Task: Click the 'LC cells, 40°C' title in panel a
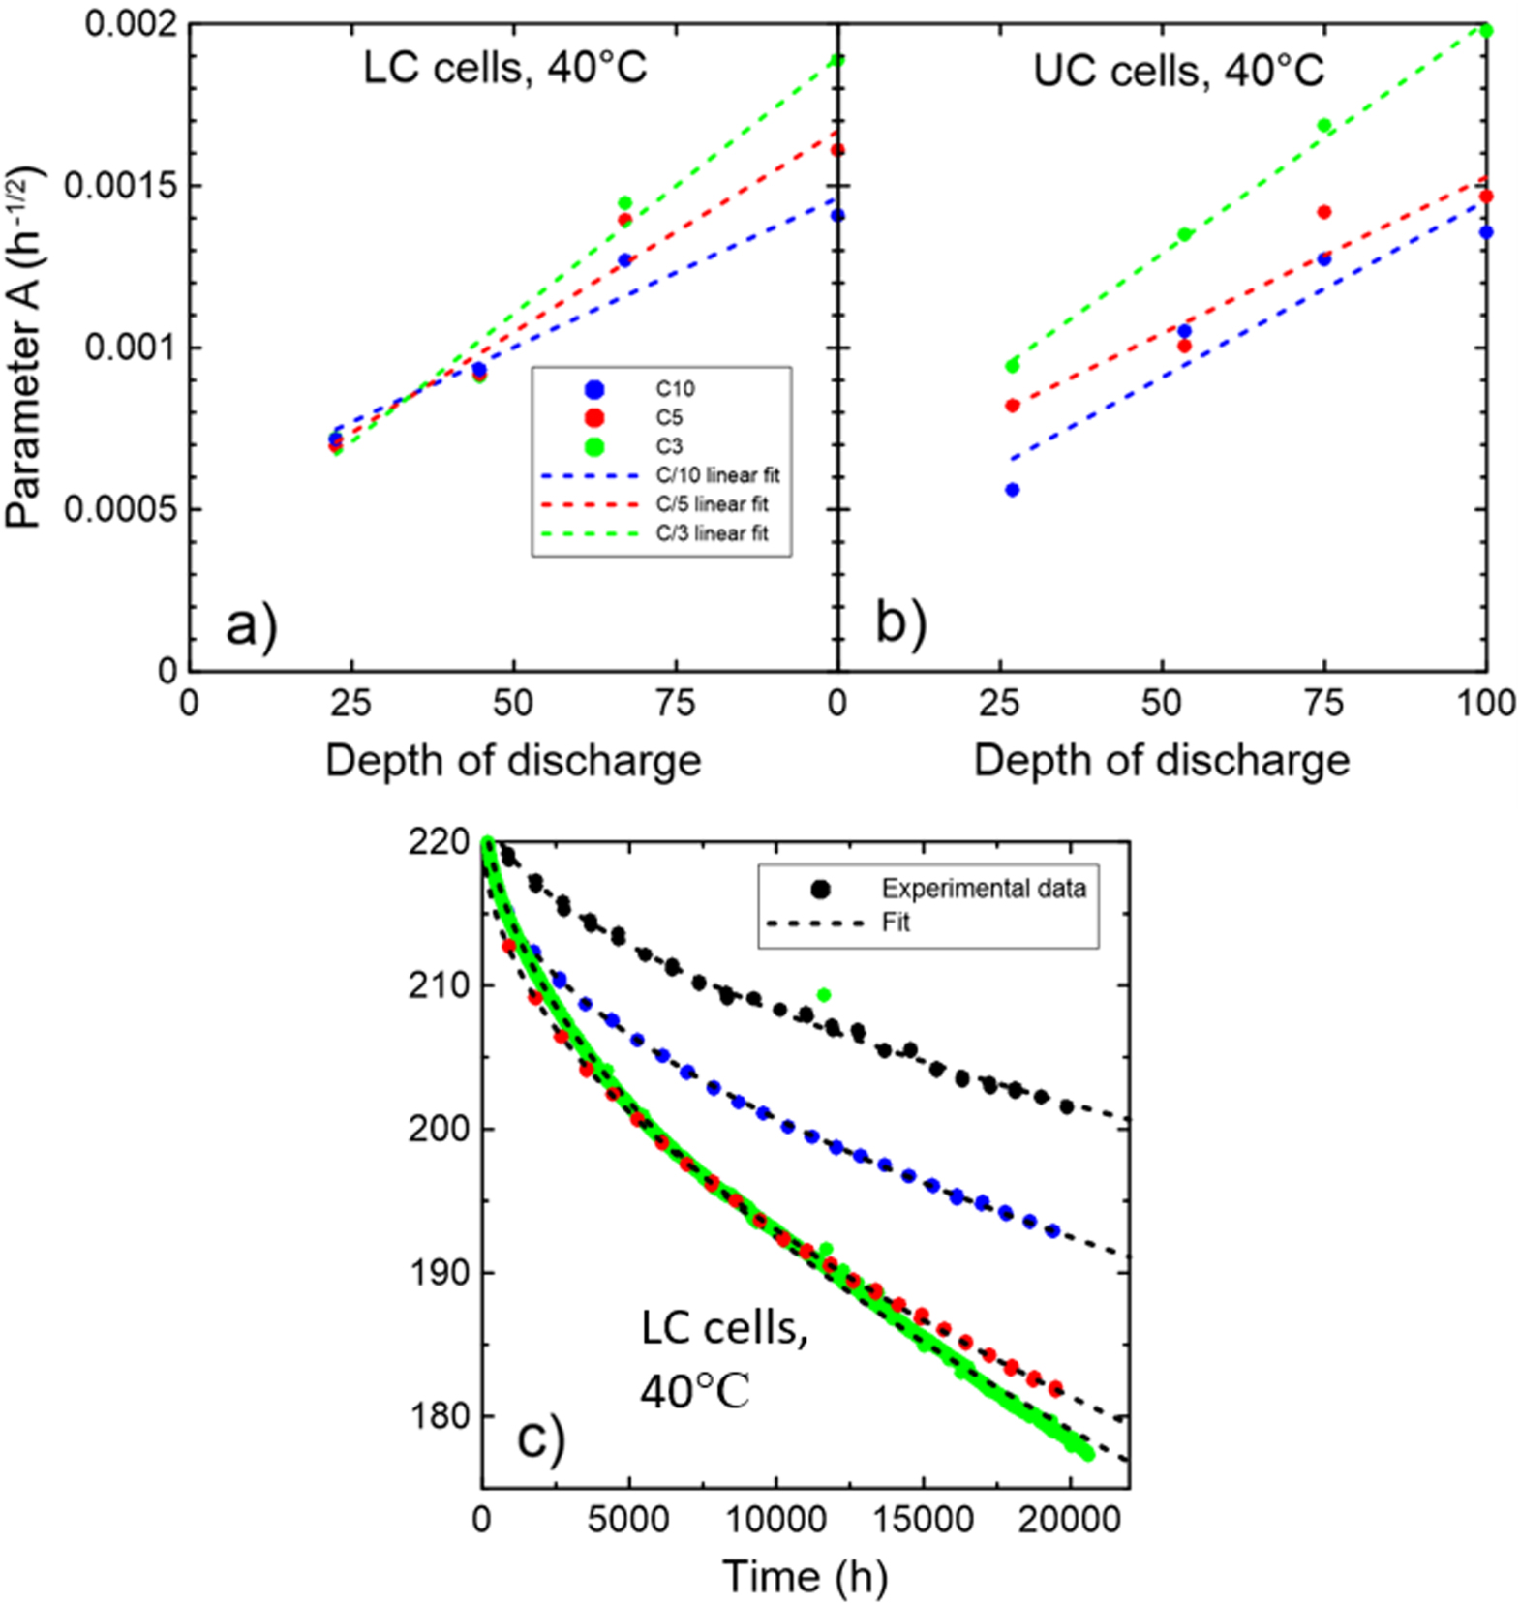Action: (x=504, y=69)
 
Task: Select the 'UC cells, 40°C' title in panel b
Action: (x=1178, y=71)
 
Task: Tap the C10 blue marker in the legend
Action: (x=594, y=389)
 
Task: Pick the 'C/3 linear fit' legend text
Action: (x=712, y=533)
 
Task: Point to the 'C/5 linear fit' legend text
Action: (x=712, y=504)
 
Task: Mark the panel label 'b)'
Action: (x=900, y=621)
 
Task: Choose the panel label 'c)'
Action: (x=540, y=1438)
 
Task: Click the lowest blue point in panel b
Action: (x=1013, y=490)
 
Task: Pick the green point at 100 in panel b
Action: (x=1486, y=31)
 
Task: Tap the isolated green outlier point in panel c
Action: (x=824, y=995)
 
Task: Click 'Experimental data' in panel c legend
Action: (x=983, y=889)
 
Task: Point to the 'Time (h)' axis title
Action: (x=805, y=1576)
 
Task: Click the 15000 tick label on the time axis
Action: (x=923, y=1519)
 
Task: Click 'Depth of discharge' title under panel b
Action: (x=1161, y=761)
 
